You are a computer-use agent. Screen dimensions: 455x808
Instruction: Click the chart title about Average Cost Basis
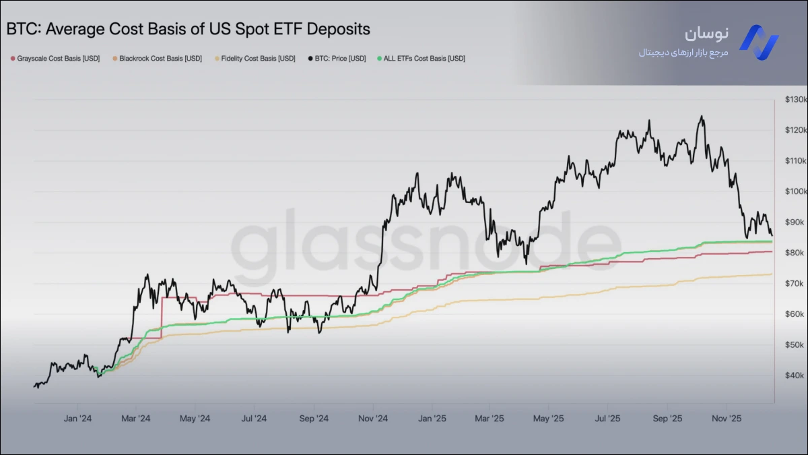click(x=189, y=30)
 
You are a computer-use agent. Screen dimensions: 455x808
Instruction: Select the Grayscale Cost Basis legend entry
click(x=55, y=59)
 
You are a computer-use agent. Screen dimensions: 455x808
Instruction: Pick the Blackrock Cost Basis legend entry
click(x=157, y=59)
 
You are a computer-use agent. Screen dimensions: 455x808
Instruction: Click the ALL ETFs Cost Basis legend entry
click(x=422, y=59)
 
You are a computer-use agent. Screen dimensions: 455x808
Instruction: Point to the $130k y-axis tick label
click(x=795, y=100)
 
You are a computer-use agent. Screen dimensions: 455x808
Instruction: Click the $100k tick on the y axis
click(x=795, y=191)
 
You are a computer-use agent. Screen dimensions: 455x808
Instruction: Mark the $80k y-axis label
click(x=795, y=253)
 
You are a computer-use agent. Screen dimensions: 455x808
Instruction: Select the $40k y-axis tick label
click(x=795, y=375)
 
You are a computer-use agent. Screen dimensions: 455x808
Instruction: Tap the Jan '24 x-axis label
click(x=77, y=419)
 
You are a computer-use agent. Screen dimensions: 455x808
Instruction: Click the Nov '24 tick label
click(x=373, y=419)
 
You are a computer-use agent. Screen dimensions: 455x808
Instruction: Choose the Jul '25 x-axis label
click(x=608, y=419)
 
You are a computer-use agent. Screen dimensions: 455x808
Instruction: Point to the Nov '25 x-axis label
click(x=727, y=419)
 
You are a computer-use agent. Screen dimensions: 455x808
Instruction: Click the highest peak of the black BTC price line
click(x=702, y=117)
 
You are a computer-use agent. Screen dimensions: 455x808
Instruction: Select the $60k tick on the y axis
click(x=795, y=314)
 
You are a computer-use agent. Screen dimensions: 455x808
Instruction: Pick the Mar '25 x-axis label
click(x=490, y=419)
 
